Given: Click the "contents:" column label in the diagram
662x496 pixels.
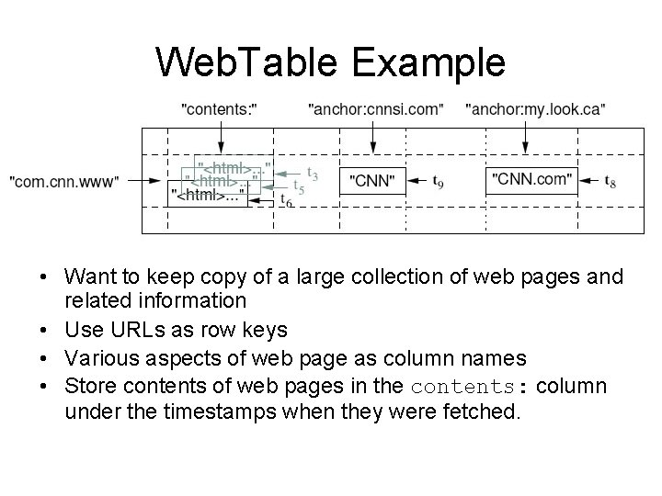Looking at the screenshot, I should [221, 109].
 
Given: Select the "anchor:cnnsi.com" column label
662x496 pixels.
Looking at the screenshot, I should [375, 109].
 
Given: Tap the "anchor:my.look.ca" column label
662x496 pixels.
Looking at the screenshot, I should [535, 109].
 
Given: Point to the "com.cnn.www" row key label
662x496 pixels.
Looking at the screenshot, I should [63, 182].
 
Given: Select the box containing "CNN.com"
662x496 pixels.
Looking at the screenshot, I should [532, 179].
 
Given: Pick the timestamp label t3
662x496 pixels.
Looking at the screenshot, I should [313, 174].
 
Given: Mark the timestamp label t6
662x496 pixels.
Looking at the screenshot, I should [286, 200].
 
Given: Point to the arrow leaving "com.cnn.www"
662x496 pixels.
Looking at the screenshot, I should [143, 182].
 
